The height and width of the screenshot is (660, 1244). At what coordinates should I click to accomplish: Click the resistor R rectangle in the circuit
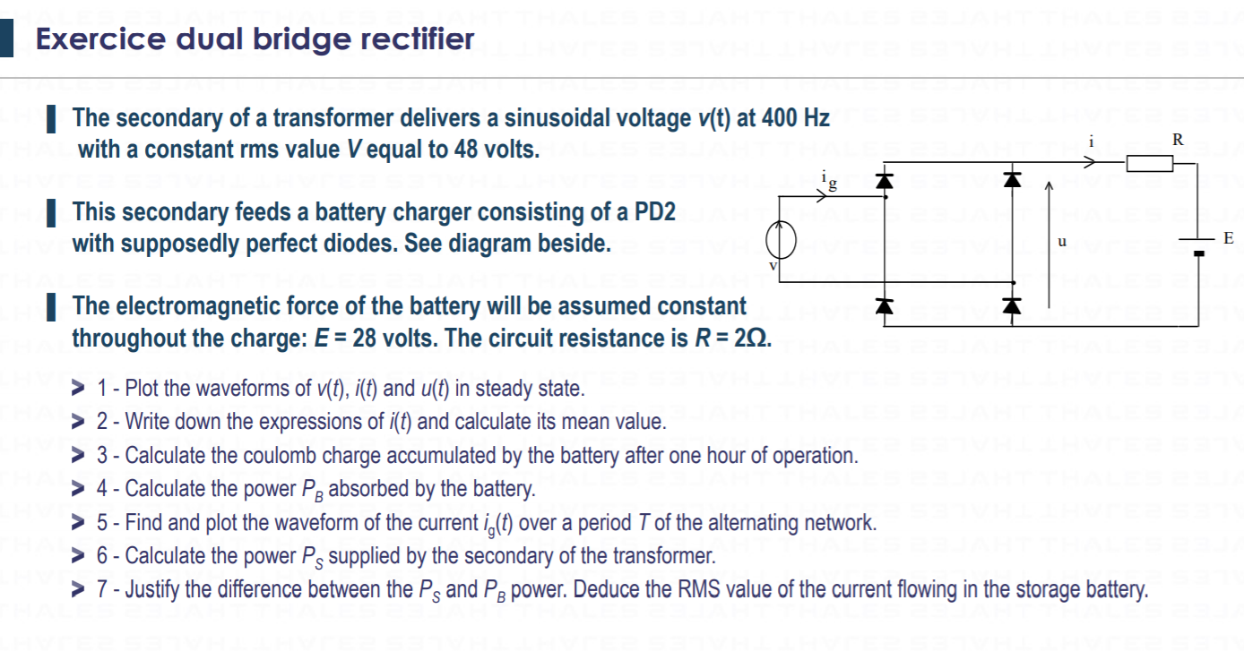(1150, 162)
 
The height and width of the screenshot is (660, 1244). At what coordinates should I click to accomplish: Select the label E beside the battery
(1228, 238)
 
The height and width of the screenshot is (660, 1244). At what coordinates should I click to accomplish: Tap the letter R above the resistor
(1178, 140)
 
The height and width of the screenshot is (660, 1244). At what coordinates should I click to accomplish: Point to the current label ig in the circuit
(829, 182)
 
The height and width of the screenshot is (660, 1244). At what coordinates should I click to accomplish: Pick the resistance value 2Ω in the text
(752, 339)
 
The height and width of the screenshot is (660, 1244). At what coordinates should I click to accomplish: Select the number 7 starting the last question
(102, 590)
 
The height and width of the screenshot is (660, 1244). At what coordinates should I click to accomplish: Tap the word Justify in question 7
(152, 590)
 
